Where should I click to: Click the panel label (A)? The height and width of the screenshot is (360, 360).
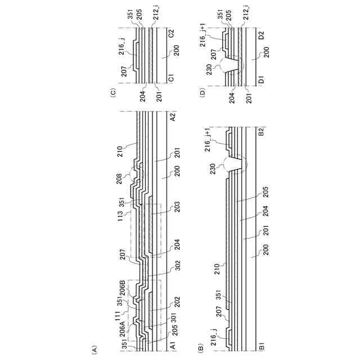coord(94,349)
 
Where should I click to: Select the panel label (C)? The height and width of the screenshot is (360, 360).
coord(114,93)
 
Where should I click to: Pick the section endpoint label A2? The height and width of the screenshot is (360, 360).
coord(172,117)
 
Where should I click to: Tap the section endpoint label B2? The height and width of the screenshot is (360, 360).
coord(262,131)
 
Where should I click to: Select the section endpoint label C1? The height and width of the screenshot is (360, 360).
coord(171,78)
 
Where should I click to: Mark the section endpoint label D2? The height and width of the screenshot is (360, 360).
coord(262,36)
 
